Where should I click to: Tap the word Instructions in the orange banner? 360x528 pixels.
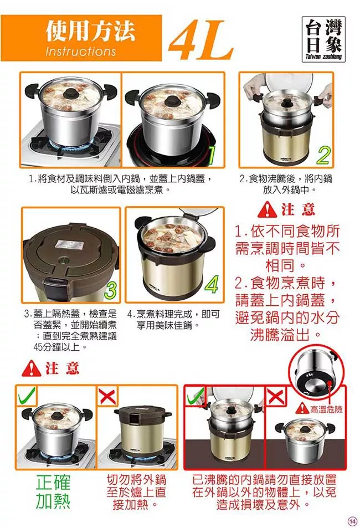click(x=80, y=51)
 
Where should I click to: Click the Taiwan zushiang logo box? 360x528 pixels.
click(x=323, y=39)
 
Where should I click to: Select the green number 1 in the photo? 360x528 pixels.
click(x=211, y=155)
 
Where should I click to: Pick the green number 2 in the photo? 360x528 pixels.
click(x=323, y=155)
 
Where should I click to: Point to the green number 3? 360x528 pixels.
click(x=111, y=290)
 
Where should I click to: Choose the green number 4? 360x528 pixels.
click(x=212, y=285)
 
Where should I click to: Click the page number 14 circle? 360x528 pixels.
click(x=352, y=521)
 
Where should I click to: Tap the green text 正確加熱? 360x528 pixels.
click(x=53, y=492)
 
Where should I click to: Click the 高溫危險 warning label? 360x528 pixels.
click(x=319, y=409)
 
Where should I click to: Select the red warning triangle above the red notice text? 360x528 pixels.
click(x=267, y=209)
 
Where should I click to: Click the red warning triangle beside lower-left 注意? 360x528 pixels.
click(x=32, y=368)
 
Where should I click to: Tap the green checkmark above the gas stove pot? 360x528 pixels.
click(x=26, y=395)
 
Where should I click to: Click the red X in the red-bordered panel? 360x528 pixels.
click(x=276, y=396)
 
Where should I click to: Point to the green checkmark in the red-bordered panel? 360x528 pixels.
click(x=196, y=396)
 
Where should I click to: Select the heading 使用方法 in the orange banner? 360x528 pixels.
click(x=90, y=31)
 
